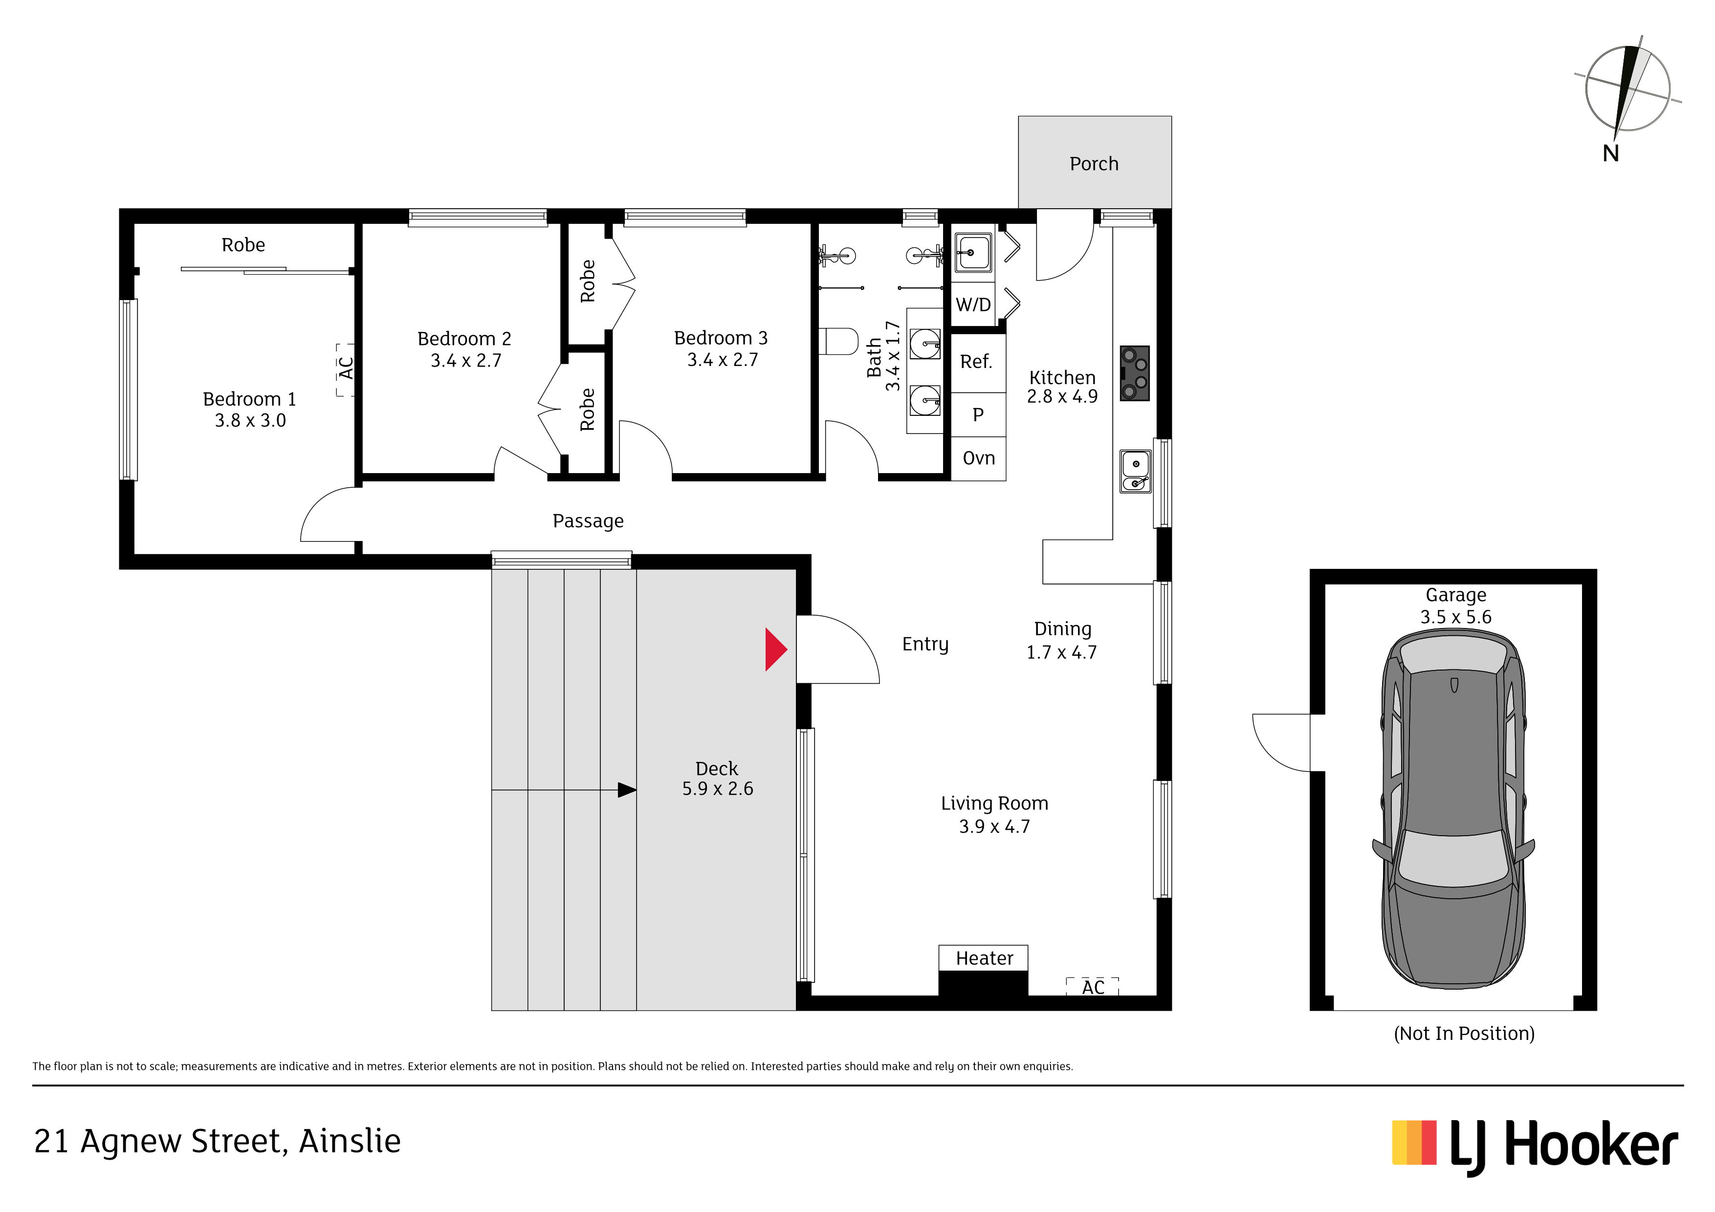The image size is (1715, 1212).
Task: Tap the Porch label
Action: [1094, 164]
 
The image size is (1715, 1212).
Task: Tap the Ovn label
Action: [979, 458]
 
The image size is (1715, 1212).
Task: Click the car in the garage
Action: [1453, 809]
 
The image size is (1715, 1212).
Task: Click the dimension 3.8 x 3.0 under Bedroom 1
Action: [250, 420]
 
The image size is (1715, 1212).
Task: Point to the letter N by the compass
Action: [1610, 153]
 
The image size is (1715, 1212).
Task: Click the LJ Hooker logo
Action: [1535, 1145]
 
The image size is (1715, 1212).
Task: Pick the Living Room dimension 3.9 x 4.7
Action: [994, 827]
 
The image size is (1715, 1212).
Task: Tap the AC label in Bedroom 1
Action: [345, 368]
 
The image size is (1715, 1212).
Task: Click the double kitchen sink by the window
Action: [1135, 471]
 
